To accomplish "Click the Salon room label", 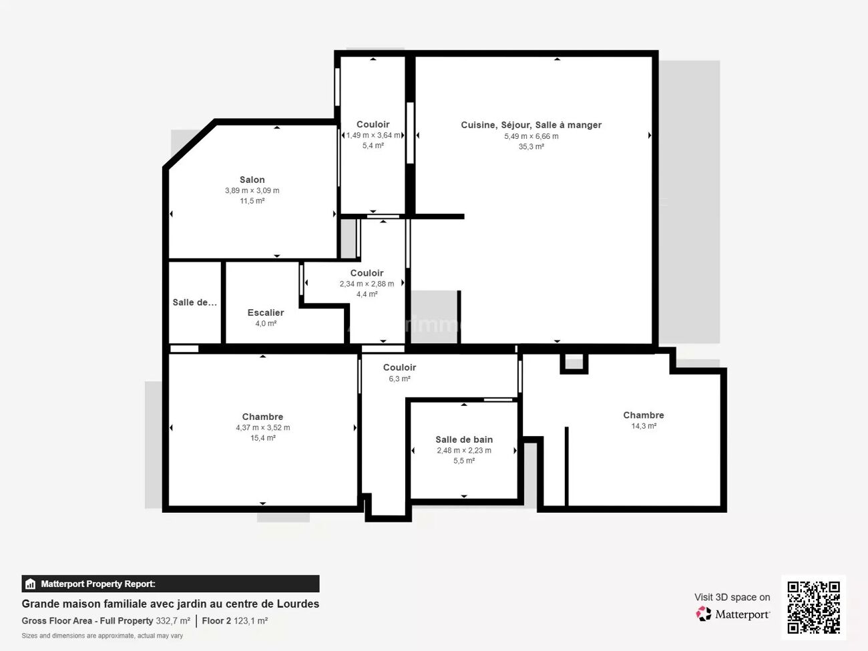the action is click(252, 180).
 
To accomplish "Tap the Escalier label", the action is click(266, 312).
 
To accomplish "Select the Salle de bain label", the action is click(464, 439).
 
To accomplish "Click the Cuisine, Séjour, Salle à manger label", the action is click(531, 125).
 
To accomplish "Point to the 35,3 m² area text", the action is click(531, 147).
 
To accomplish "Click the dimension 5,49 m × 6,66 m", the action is click(531, 136).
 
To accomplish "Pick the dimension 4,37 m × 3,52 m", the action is click(263, 428).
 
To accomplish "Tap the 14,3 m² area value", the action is click(644, 426).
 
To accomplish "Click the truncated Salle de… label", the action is click(194, 302).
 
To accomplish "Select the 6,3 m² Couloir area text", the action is click(399, 379).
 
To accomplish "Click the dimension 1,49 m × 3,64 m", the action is click(373, 135).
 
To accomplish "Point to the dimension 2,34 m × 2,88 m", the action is click(367, 284).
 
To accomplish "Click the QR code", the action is click(813, 607).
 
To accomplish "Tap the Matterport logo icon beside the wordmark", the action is click(704, 614).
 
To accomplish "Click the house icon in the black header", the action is click(30, 584).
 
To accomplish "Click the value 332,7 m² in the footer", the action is click(173, 621).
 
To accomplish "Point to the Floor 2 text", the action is click(216, 621).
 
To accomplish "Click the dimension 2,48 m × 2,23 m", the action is click(464, 451).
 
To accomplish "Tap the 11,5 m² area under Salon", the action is click(252, 201).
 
